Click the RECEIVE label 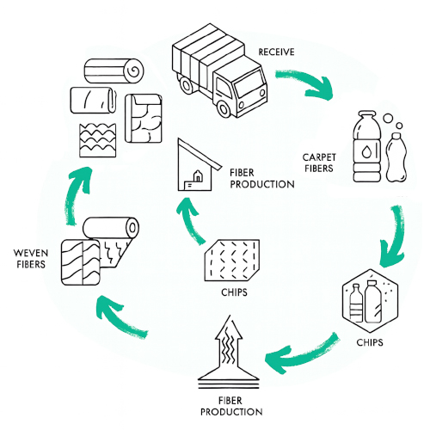pos(276,52)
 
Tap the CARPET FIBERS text pos(319,163)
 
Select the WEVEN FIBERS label pos(31,259)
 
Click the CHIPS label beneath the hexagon pos(370,342)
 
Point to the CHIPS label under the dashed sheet pos(234,292)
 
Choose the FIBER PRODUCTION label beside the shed pos(262,179)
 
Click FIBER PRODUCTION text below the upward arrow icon pos(231,406)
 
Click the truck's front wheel pos(224,108)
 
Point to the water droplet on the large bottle pos(366,151)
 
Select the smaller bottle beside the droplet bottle pos(396,157)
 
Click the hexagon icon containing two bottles pos(371,300)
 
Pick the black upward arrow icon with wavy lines pos(229,352)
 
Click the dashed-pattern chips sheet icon pos(232,261)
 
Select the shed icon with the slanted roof pos(198,165)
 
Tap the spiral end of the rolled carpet pos(134,71)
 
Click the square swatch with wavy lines pos(98,140)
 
